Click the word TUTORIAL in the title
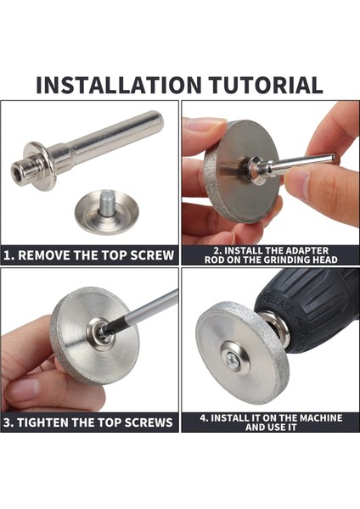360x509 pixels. pos(266,85)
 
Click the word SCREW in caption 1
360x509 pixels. pos(152,255)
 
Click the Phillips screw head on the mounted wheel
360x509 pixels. pos(233,361)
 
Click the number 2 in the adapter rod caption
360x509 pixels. pos(216,250)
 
